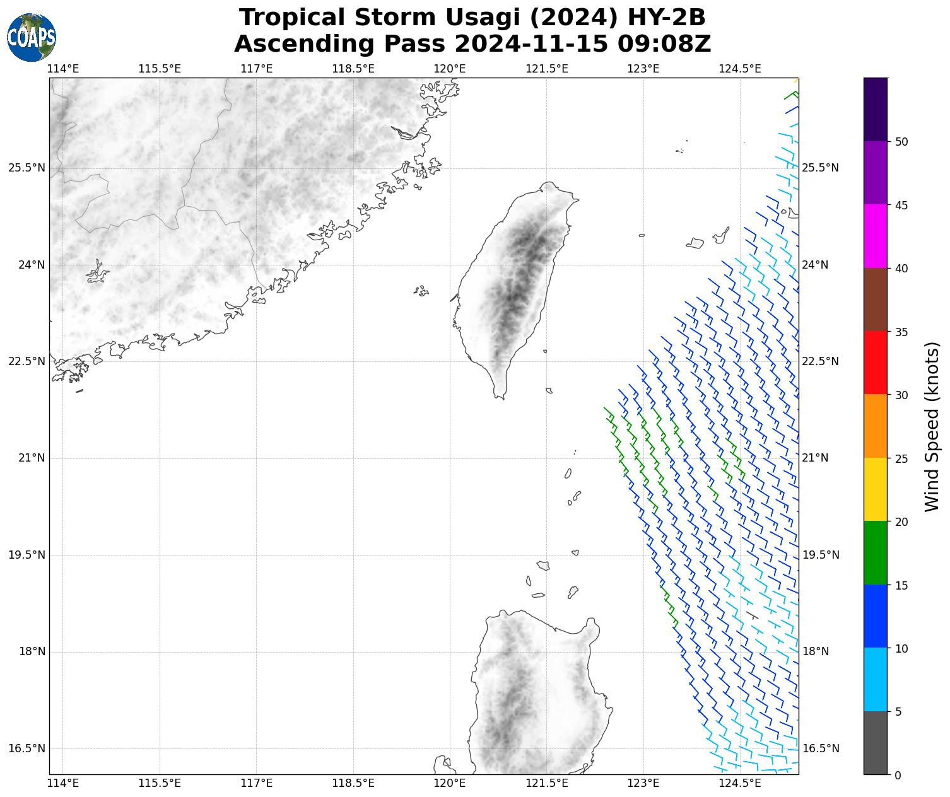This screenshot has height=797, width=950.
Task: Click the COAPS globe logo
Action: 32,37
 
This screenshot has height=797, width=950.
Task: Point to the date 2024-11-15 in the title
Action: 532,44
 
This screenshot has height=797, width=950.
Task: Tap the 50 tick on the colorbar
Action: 901,141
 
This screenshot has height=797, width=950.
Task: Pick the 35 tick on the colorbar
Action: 901,332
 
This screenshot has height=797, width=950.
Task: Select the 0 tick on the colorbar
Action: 898,775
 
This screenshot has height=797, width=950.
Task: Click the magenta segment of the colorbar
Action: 875,236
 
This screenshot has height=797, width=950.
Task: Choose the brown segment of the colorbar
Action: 875,300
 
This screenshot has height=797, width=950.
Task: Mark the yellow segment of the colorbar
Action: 875,489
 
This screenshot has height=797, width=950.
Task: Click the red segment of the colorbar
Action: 875,363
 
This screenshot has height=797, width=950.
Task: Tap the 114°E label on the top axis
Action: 63,68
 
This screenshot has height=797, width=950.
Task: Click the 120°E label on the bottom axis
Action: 450,783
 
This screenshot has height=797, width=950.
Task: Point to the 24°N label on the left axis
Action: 31,265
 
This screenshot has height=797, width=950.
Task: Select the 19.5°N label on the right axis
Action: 820,555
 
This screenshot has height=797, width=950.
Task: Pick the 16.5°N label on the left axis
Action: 26,748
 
